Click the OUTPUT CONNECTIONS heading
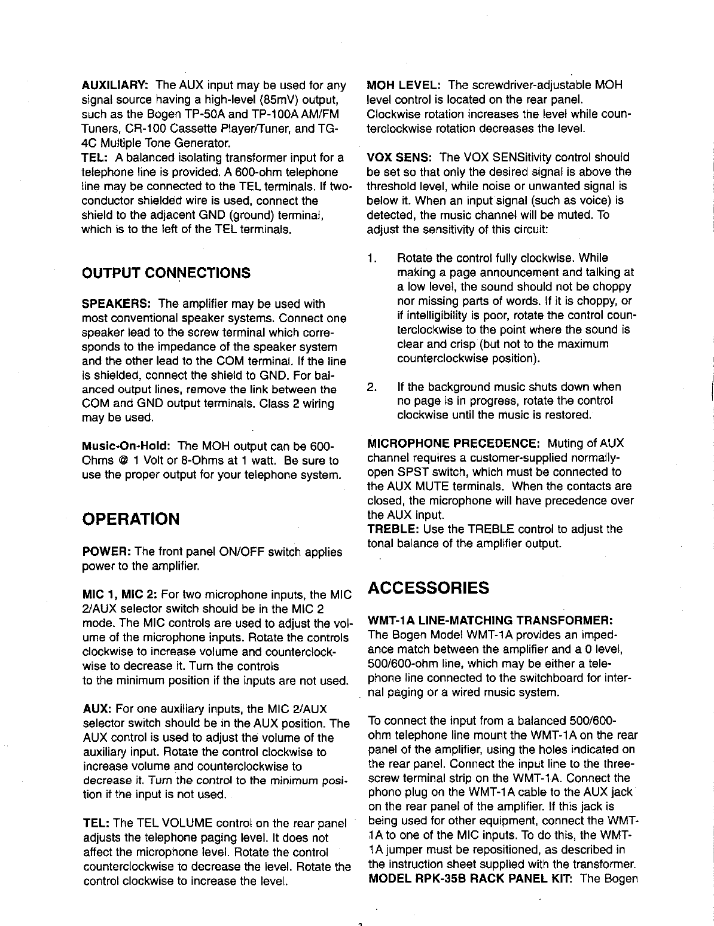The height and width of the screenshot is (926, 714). [166, 273]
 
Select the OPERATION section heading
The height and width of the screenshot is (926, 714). [130, 518]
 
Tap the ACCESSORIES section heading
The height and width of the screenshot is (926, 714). [428, 588]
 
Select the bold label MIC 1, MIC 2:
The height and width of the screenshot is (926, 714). [119, 595]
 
